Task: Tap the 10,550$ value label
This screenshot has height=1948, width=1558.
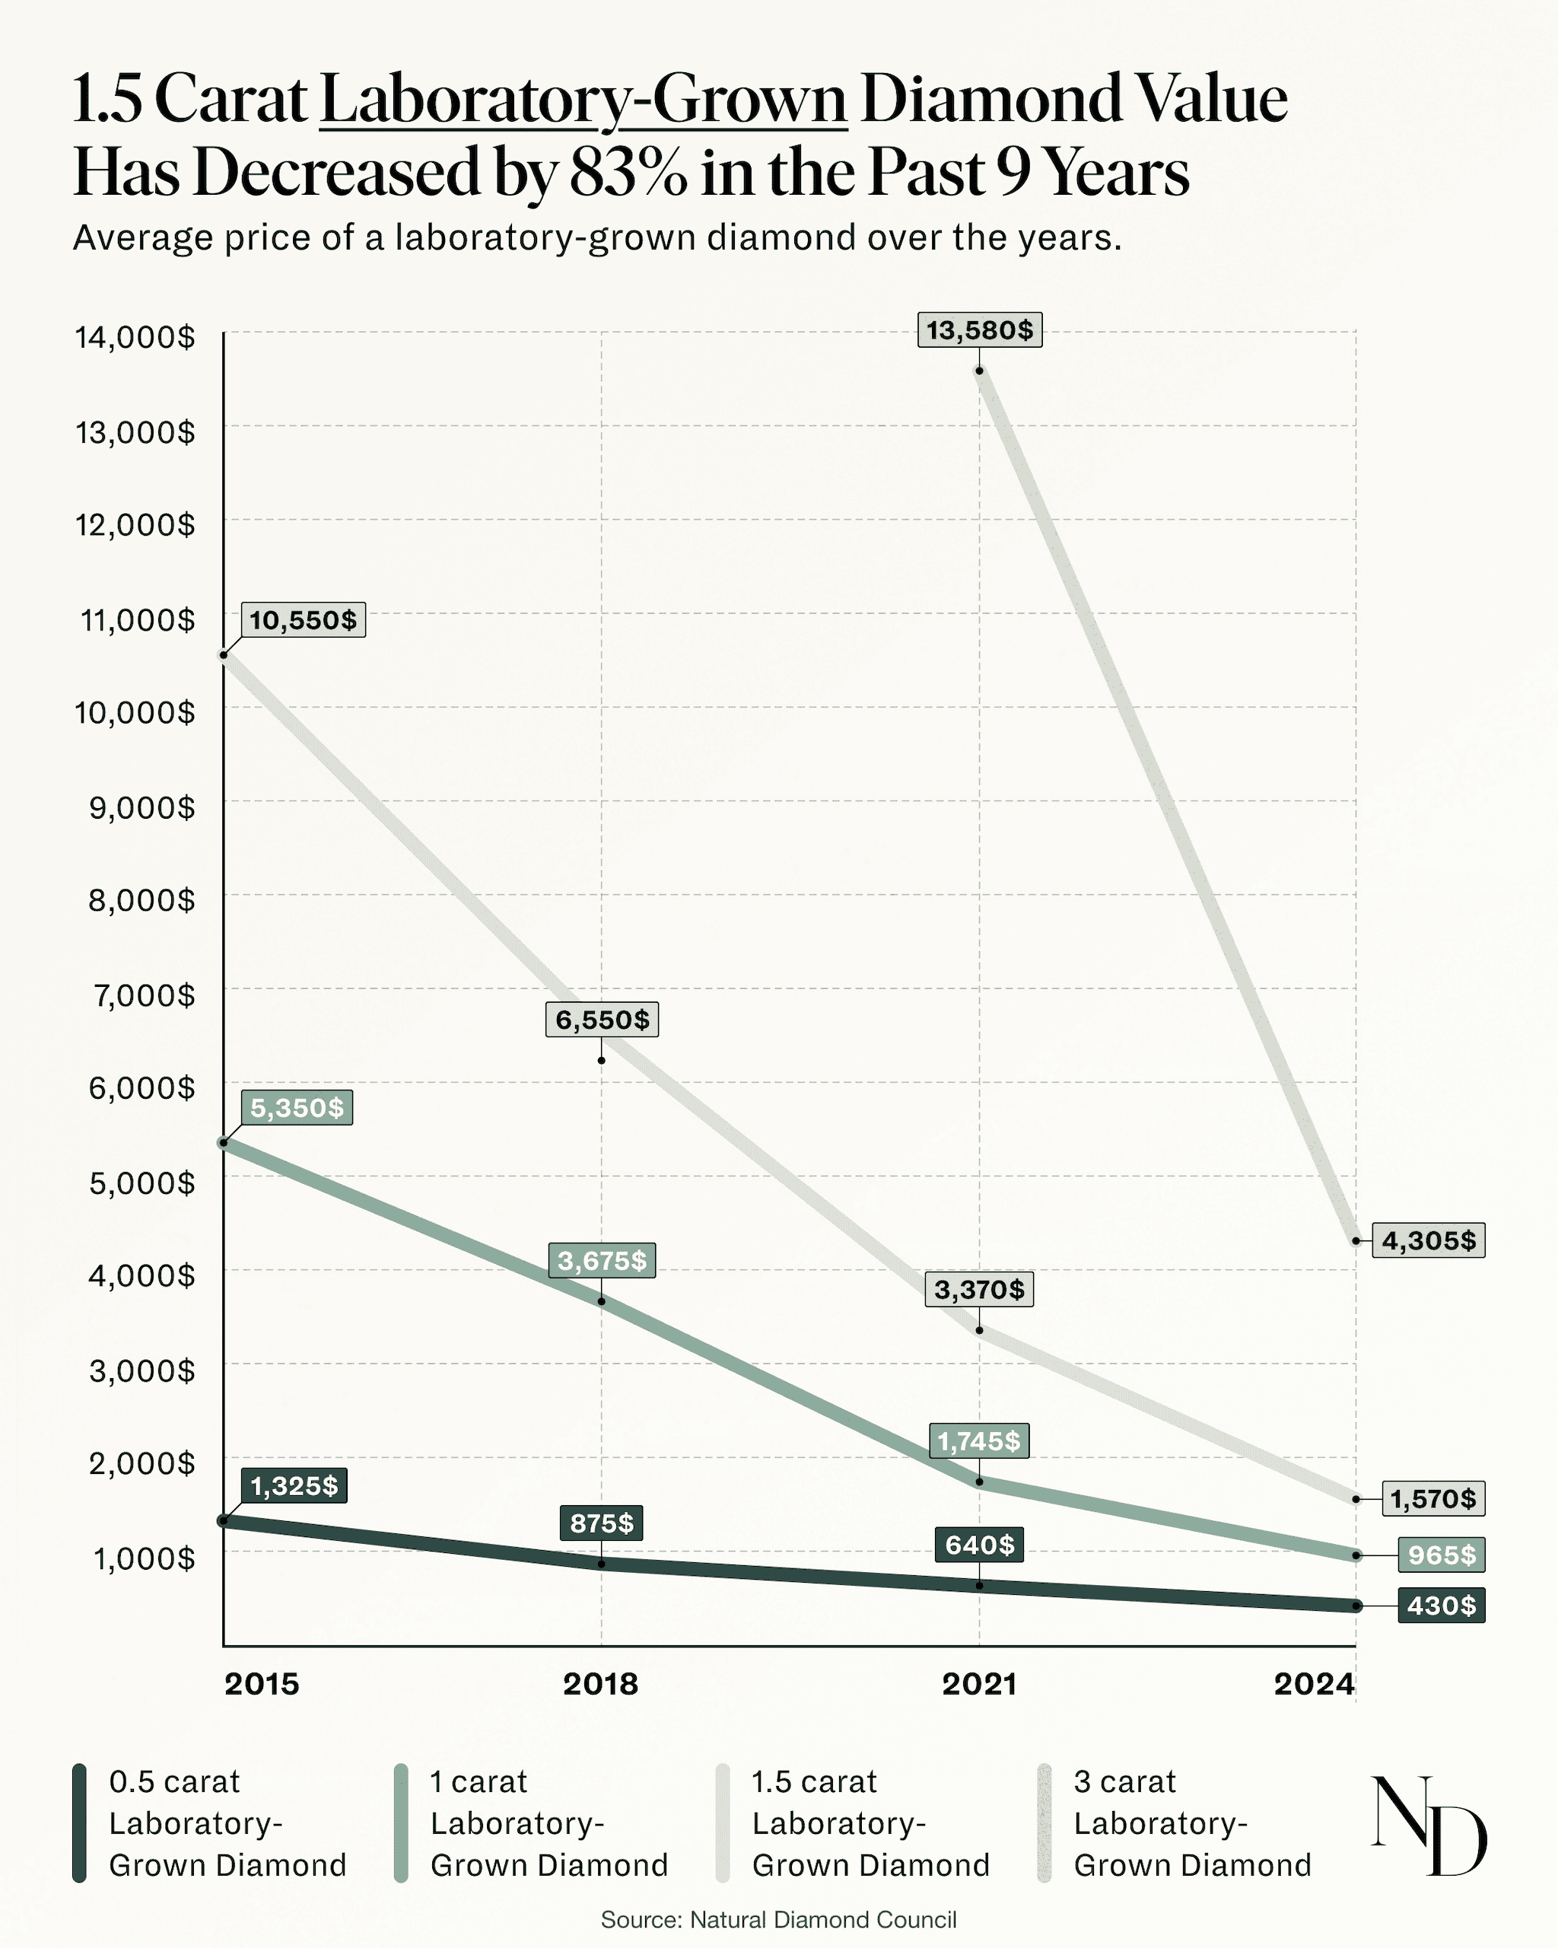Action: pos(303,621)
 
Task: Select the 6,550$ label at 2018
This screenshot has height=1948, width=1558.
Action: pos(602,1020)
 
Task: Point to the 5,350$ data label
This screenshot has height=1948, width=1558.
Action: pos(296,1108)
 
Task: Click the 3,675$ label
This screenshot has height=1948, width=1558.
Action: pos(602,1260)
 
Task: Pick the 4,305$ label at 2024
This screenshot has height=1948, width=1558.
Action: pos(1428,1240)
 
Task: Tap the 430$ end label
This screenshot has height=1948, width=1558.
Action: pos(1441,1606)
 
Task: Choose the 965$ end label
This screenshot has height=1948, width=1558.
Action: pos(1441,1555)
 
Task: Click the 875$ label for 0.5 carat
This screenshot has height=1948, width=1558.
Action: pos(601,1523)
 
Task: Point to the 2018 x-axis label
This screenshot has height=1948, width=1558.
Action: pos(601,1683)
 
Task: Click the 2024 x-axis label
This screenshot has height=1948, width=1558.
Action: pos(1314,1683)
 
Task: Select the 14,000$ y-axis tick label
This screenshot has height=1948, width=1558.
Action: pos(135,338)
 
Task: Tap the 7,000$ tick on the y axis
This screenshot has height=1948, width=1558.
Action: pos(141,995)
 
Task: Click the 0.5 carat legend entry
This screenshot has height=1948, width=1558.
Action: pos(227,1823)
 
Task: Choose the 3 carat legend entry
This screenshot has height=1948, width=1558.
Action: pos(1191,1823)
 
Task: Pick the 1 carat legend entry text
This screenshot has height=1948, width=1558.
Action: pos(548,1823)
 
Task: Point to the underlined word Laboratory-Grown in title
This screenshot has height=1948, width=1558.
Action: pos(583,100)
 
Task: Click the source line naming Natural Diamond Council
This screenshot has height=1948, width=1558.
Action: pos(778,1920)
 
